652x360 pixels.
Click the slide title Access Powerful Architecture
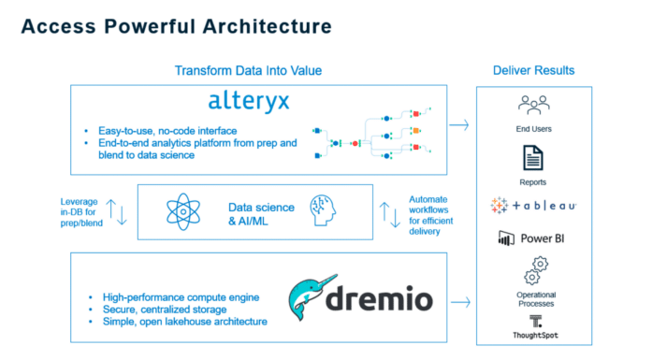tap(176, 26)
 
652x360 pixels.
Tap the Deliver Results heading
tap(533, 71)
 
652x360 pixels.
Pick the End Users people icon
tap(533, 105)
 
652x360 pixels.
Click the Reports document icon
tap(533, 156)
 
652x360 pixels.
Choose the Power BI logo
tap(533, 238)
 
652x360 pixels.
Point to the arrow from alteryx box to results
tap(458, 122)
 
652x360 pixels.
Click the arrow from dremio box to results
tap(458, 302)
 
